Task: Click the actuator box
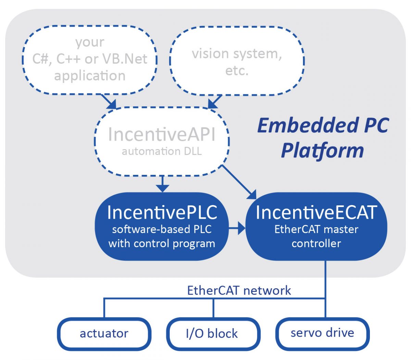click(x=104, y=333)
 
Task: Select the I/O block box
click(x=212, y=333)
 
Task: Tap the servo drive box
click(x=322, y=333)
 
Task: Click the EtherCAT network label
click(x=239, y=290)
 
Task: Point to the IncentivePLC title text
click(x=162, y=212)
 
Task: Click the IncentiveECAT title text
click(x=316, y=212)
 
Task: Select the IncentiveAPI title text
click(x=162, y=134)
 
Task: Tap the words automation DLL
click(x=162, y=151)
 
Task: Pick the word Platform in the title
click(x=322, y=151)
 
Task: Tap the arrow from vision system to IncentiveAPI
click(x=214, y=102)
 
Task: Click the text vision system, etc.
click(x=237, y=62)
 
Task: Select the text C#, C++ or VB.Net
click(x=90, y=59)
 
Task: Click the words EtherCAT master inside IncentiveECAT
click(x=316, y=229)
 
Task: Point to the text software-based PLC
click(x=162, y=229)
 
